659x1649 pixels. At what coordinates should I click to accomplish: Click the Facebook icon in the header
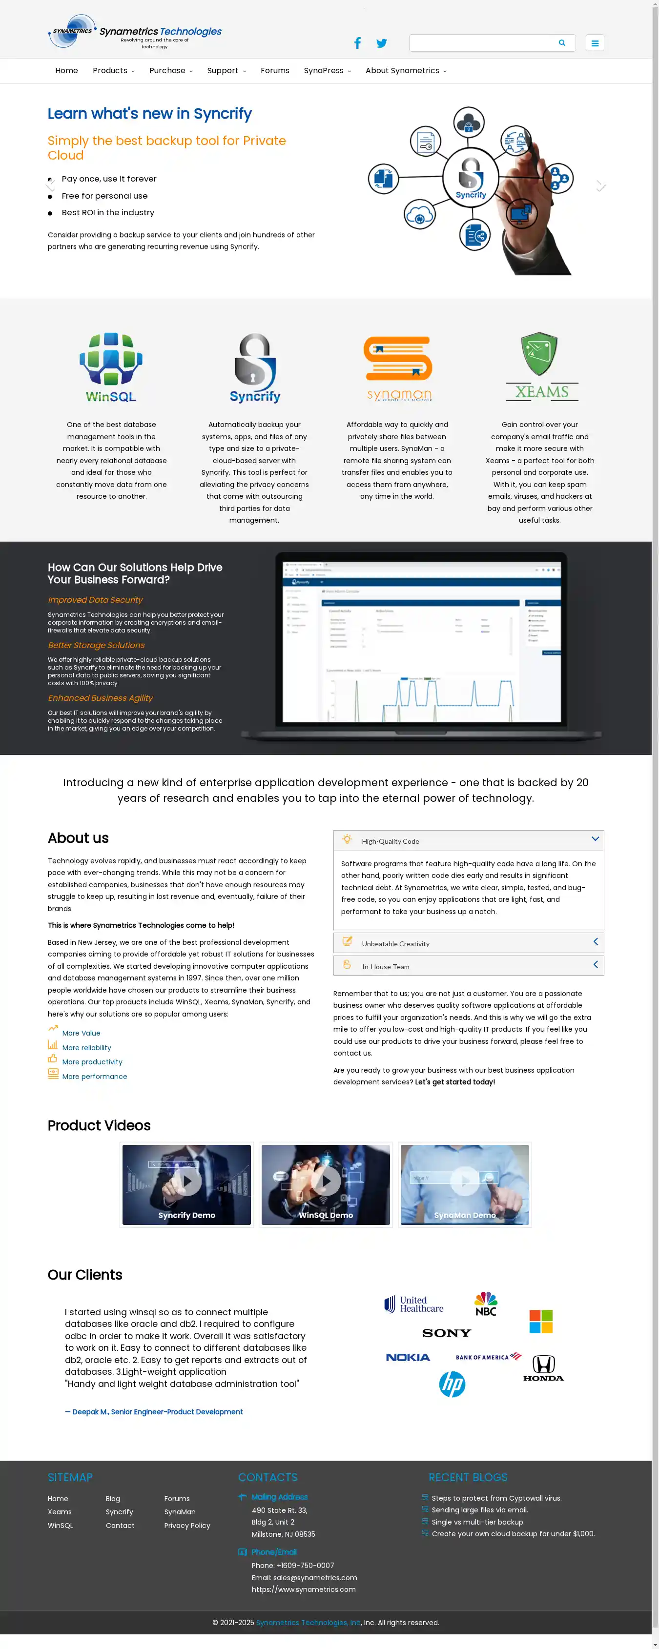[x=357, y=43]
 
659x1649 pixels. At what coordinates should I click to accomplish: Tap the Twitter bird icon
[x=382, y=43]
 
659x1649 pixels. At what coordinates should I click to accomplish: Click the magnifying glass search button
[x=562, y=43]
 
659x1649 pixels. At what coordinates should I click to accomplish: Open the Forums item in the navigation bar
[x=275, y=70]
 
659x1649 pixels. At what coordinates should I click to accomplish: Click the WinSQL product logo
[x=111, y=367]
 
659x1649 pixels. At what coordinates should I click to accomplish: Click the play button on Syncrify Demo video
[x=187, y=1181]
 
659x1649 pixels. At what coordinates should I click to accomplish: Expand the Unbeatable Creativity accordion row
[x=468, y=943]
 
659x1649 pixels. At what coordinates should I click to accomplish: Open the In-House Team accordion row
[x=468, y=966]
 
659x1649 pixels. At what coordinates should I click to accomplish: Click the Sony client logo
[x=446, y=1333]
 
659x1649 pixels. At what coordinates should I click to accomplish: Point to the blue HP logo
[x=452, y=1384]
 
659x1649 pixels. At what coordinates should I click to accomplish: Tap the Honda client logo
[x=544, y=1368]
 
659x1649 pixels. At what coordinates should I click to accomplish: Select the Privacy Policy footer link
[x=187, y=1526]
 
